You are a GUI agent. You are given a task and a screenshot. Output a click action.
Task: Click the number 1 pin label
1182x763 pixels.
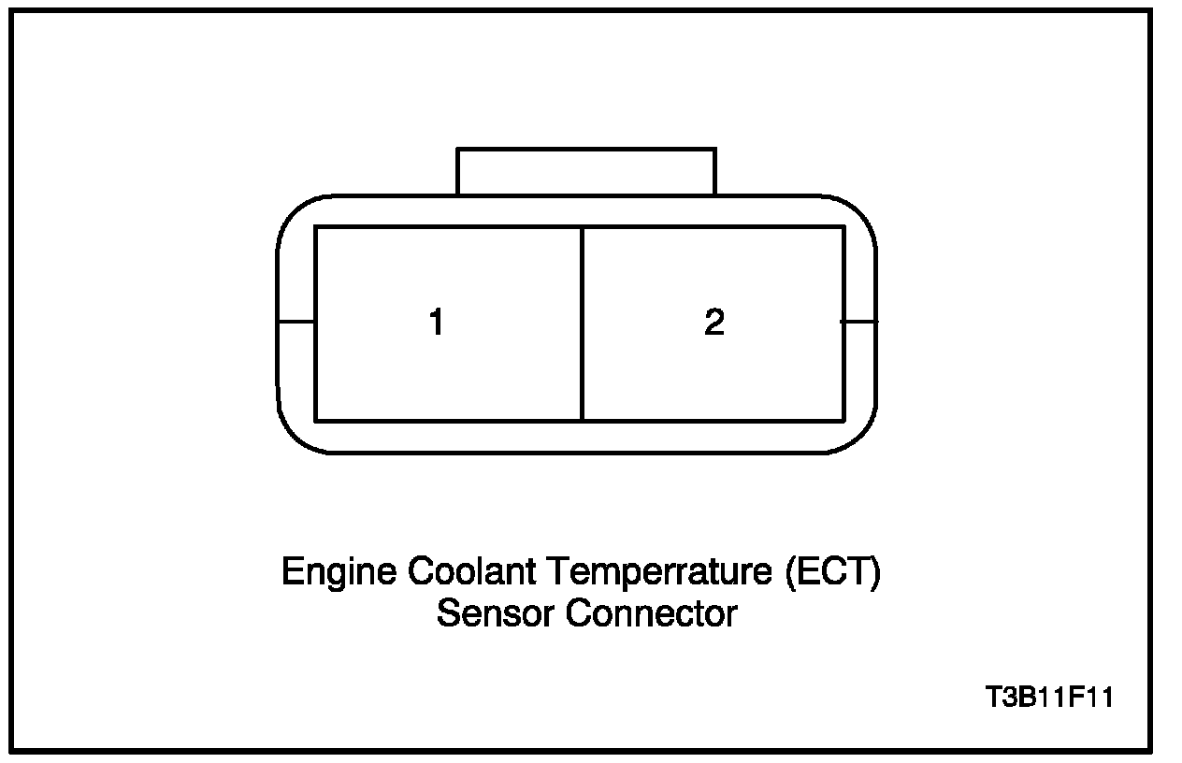click(436, 324)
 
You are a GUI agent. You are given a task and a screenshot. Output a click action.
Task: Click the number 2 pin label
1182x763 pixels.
click(714, 324)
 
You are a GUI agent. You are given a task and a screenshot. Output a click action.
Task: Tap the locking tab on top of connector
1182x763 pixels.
click(585, 171)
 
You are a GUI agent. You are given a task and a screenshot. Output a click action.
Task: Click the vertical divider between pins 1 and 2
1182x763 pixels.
click(582, 324)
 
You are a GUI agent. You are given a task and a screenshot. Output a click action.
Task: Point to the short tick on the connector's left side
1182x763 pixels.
click(296, 323)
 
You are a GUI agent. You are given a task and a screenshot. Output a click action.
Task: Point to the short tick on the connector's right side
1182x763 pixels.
click(859, 322)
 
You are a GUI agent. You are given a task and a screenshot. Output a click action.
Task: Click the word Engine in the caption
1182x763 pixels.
click(339, 572)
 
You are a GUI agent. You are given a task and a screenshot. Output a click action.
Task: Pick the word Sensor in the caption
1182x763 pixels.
click(494, 614)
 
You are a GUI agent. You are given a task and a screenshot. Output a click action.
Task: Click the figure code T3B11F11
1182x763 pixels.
click(1048, 698)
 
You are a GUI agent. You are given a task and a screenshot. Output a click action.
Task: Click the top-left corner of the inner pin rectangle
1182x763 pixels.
click(316, 227)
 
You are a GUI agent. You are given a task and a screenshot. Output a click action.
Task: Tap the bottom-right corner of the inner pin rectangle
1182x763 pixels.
click(843, 420)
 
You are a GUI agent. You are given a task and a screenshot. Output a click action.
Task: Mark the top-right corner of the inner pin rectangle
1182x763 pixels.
click(843, 227)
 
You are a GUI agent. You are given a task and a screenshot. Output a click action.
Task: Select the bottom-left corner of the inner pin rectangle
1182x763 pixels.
click(316, 420)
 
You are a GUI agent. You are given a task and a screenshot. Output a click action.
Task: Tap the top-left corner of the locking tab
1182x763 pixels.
click(458, 149)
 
